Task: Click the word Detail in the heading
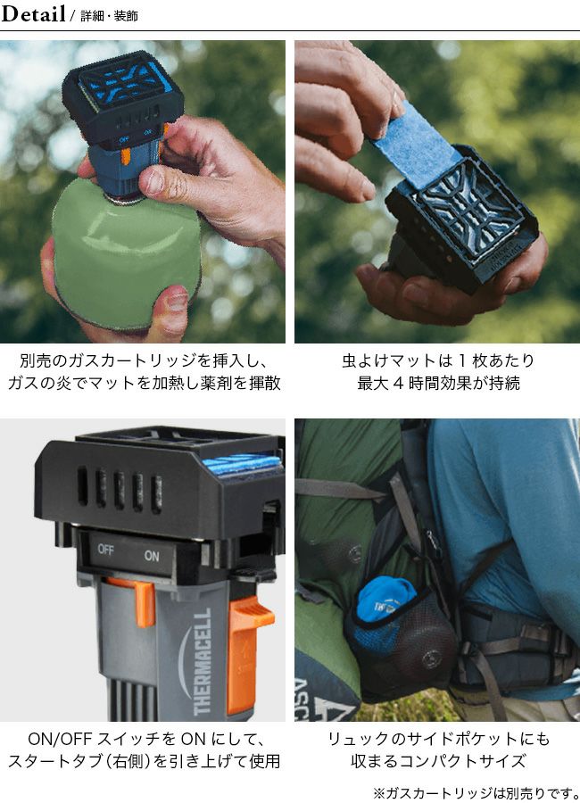[x=33, y=13]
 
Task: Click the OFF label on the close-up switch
[x=105, y=550]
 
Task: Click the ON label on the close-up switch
[x=152, y=556]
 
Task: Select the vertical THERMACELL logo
[x=203, y=661]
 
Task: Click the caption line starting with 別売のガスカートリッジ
[x=144, y=361]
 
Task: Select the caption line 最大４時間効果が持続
[x=439, y=383]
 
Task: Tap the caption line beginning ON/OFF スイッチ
[x=145, y=739]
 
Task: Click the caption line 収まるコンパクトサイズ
[x=439, y=760]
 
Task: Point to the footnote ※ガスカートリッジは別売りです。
[x=476, y=793]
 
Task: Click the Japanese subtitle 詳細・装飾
[x=109, y=16]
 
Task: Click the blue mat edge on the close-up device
[x=242, y=465]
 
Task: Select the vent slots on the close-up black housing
[x=120, y=490]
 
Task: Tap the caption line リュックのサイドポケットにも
[x=439, y=739]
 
